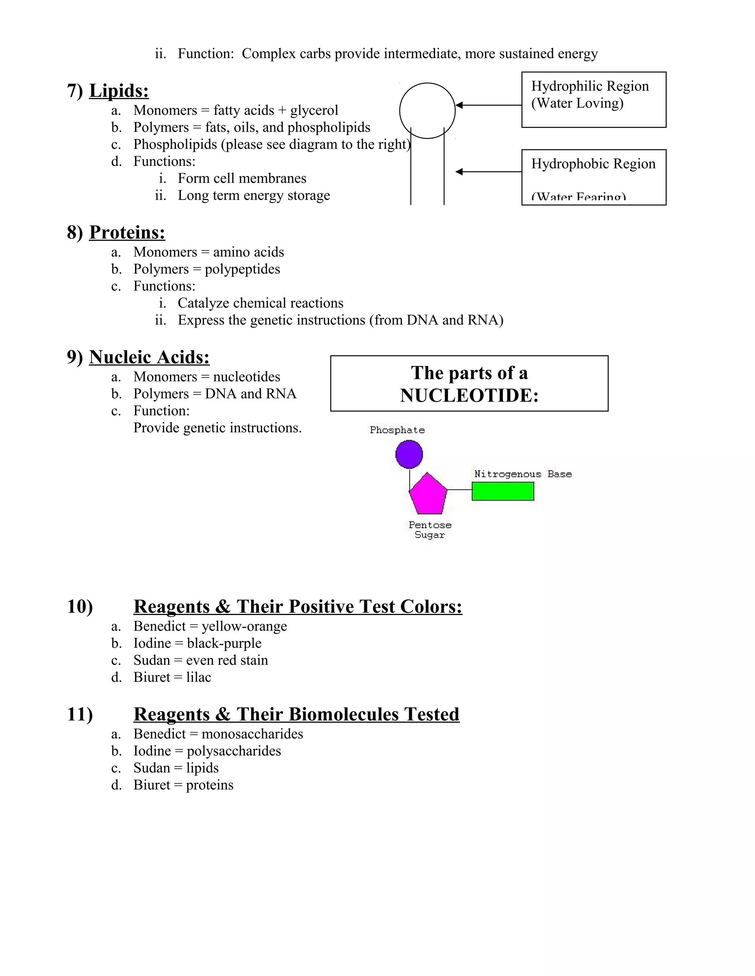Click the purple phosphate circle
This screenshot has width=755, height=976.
[409, 454]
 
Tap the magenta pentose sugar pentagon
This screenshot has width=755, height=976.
[428, 495]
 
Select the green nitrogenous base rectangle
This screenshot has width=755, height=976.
[503, 492]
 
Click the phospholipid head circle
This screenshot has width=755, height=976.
[427, 110]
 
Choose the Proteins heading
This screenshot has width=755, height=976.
[127, 232]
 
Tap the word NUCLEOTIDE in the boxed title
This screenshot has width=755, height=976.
[469, 396]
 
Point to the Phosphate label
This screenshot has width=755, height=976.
[397, 430]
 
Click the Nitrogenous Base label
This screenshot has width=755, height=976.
[522, 474]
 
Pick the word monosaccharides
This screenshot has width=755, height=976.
[252, 734]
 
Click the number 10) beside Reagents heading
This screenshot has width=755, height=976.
[80, 607]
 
